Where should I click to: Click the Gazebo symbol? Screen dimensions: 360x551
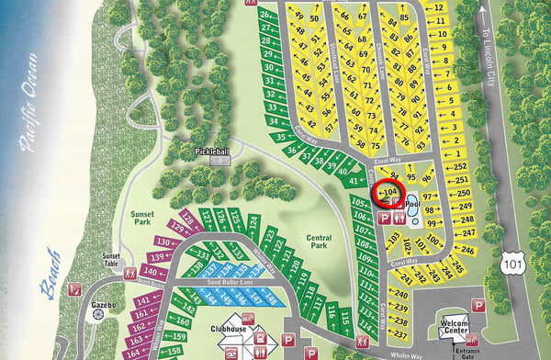click(98, 314)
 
